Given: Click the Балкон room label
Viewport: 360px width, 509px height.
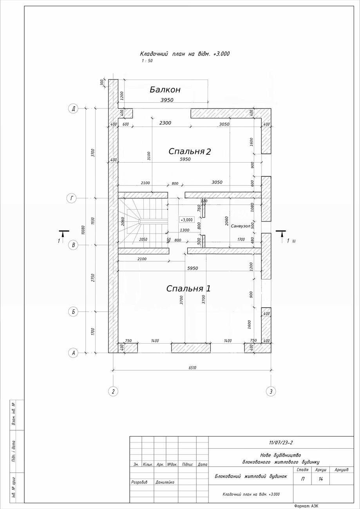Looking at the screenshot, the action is click(165, 90).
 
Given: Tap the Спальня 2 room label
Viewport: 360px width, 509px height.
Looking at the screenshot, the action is click(190, 151).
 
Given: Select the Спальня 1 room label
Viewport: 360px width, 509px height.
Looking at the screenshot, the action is click(188, 288).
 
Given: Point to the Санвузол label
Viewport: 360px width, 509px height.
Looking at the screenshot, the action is click(240, 226).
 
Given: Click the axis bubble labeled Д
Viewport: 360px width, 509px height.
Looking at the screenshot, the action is click(73, 109).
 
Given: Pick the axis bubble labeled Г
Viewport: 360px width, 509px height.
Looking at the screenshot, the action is click(72, 198).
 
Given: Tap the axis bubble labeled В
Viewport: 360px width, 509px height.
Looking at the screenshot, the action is click(73, 245).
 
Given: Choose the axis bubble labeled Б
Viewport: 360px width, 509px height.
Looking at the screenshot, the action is click(73, 312).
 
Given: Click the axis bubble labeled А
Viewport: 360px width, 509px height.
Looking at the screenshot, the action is click(73, 353).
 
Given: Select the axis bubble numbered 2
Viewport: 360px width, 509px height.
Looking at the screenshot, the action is click(113, 391).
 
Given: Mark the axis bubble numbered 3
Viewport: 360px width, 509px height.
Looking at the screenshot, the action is click(271, 391).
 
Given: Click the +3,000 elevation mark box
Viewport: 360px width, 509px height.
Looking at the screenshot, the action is click(187, 220).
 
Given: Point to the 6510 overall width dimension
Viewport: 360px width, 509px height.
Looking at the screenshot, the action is click(192, 368).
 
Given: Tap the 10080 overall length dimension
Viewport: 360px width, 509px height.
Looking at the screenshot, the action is click(83, 230).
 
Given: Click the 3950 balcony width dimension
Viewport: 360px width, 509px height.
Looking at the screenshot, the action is click(167, 100).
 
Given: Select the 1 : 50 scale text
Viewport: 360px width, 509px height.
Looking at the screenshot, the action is click(147, 61).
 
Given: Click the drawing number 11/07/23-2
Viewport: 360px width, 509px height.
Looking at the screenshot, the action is click(281, 443).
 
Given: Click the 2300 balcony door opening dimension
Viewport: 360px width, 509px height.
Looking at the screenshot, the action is click(165, 123).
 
